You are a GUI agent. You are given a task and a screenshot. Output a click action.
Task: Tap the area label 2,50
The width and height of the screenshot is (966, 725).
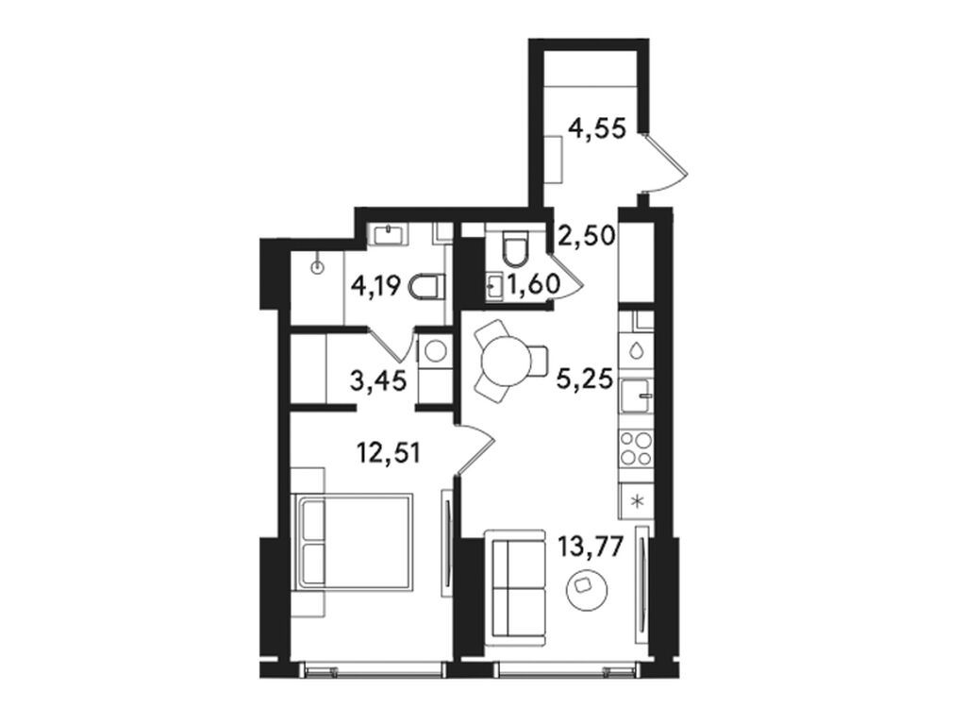[586, 235]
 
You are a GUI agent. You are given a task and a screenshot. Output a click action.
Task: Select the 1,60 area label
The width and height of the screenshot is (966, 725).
[534, 284]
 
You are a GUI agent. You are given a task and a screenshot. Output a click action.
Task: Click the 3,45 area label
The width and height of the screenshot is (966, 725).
[377, 380]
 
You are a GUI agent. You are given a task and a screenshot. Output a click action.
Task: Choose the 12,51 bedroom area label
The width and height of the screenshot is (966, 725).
[390, 454]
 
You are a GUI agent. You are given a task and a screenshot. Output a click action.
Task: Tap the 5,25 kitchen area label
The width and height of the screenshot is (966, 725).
[585, 378]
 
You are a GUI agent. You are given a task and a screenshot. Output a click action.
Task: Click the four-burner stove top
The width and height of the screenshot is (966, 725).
[637, 448]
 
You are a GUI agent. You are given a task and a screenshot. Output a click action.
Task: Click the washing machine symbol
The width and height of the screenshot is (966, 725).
[436, 351]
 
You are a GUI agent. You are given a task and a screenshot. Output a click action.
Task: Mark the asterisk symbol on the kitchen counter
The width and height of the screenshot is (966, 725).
[638, 500]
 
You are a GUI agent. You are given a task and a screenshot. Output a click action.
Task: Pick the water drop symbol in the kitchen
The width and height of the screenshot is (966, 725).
[636, 351]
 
